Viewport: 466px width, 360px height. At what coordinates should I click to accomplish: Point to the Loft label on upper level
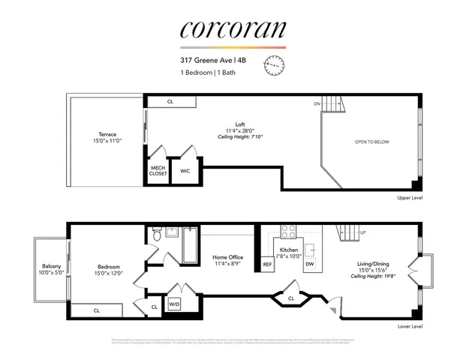[239, 124]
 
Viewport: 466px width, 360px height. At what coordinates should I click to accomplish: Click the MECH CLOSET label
[158, 170]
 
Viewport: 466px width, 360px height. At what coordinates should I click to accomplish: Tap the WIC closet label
[185, 171]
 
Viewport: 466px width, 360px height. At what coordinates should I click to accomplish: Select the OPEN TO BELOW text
[371, 142]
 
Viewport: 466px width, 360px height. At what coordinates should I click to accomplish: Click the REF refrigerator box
[267, 265]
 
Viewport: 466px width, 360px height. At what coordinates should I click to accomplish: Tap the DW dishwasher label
[309, 264]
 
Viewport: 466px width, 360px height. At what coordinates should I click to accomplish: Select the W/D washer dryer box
[174, 304]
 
